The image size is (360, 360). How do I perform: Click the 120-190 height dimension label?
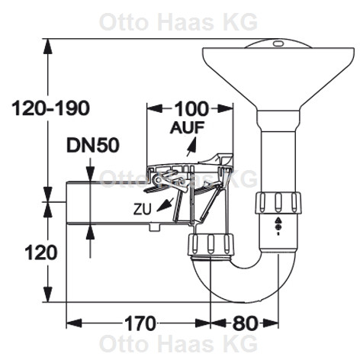click(x=51, y=108)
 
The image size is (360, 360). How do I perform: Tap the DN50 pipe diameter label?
click(x=93, y=146)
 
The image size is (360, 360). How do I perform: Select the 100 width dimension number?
click(x=191, y=109)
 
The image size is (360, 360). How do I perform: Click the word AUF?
click(x=188, y=127)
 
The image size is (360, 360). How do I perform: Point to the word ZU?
click(x=143, y=210)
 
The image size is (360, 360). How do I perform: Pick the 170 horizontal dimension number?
click(x=140, y=323)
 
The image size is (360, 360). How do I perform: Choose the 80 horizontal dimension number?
click(x=244, y=323)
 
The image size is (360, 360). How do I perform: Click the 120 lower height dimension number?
click(x=41, y=252)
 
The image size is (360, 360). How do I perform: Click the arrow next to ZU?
click(x=165, y=204)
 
